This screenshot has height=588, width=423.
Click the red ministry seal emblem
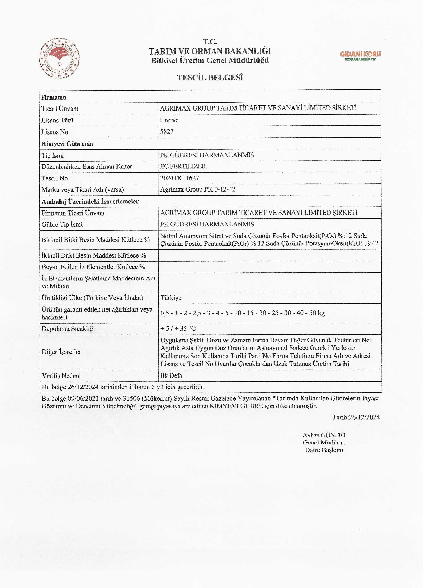[59, 59]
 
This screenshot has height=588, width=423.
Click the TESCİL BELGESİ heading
[210, 77]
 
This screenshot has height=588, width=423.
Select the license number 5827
[167, 132]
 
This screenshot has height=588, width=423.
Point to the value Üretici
[169, 120]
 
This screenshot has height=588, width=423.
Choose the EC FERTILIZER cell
[183, 166]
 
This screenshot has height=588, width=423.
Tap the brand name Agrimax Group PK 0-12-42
[197, 189]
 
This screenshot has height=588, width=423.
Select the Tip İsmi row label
[52, 155]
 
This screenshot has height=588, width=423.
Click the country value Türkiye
[171, 298]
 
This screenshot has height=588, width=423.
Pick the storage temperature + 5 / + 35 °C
[178, 329]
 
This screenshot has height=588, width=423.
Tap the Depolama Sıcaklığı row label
[68, 329]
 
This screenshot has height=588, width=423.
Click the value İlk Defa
[171, 375]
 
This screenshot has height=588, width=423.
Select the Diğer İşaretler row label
[61, 352]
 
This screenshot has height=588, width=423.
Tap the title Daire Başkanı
[324, 450]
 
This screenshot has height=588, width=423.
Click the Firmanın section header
[54, 97]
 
